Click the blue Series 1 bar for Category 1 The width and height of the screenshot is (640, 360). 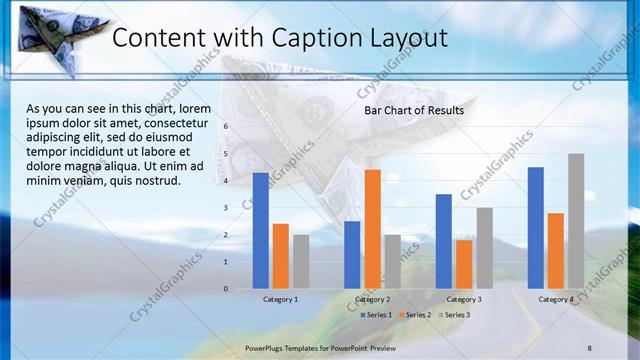pos(261,231)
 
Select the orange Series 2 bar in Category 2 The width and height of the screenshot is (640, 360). pos(372,229)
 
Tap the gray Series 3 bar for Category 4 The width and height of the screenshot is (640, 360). pos(576,221)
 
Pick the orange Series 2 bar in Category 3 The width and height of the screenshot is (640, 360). pos(464,264)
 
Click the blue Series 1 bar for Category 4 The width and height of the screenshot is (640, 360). pos(536,228)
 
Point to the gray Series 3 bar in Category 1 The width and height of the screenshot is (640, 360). pos(301,262)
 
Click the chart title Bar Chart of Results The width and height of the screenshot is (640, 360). pos(413,110)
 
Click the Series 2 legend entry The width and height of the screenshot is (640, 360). pos(414,315)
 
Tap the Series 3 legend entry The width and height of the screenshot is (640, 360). pos(453,315)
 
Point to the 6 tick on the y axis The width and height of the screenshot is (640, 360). pos(226,127)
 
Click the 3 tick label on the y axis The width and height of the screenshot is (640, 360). pos(226,208)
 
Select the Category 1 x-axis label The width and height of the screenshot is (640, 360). pos(281,299)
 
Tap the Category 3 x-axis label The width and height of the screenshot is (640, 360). pos(464,299)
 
